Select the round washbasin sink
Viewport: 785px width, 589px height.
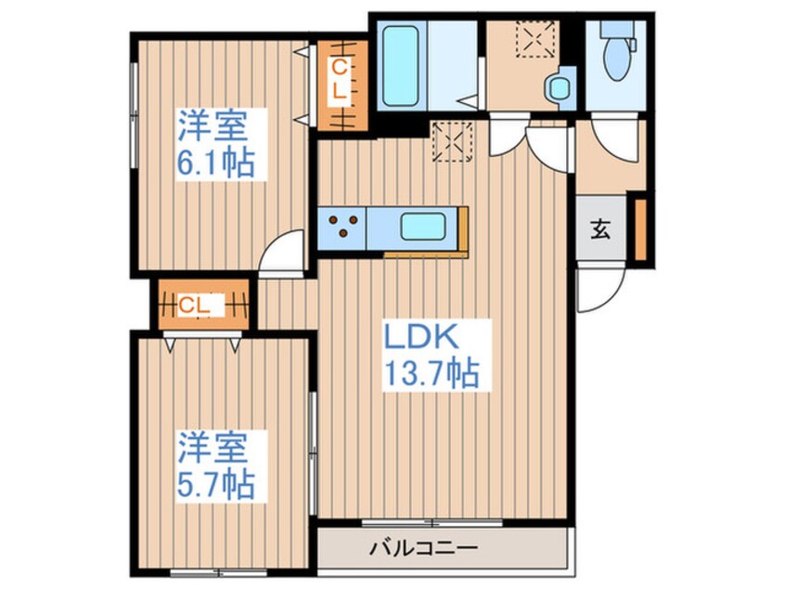tap(559, 89)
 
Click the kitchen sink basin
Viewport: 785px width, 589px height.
tap(423, 227)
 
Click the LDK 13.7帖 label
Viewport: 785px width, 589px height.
tap(432, 356)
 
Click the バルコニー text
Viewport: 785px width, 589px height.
tap(423, 547)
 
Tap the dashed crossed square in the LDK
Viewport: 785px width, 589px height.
tap(453, 142)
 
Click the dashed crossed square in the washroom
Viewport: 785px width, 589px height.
tap(536, 39)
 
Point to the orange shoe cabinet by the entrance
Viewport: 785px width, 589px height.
tap(641, 229)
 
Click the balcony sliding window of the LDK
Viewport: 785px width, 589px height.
tap(432, 523)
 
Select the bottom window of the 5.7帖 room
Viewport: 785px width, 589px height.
tap(218, 572)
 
